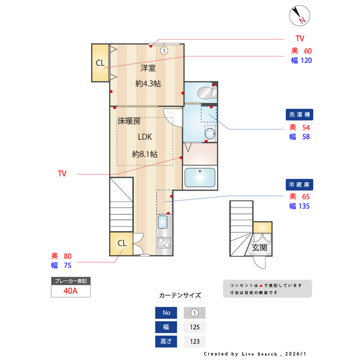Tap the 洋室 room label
coord(148,68)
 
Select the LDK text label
coord(145,136)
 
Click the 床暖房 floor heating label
coord(129,121)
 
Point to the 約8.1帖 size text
coord(145,154)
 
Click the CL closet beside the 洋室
coord(100,63)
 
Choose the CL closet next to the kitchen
coord(121,243)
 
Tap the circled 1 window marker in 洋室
coord(164,50)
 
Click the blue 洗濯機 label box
coord(299,115)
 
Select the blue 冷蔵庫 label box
coord(299,184)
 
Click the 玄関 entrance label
coord(259,247)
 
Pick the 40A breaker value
coord(70,291)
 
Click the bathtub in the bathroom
coord(200,177)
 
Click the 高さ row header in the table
coord(165,341)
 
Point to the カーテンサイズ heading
coord(180,295)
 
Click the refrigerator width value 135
coord(304,206)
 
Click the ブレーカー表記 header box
coord(70,280)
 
